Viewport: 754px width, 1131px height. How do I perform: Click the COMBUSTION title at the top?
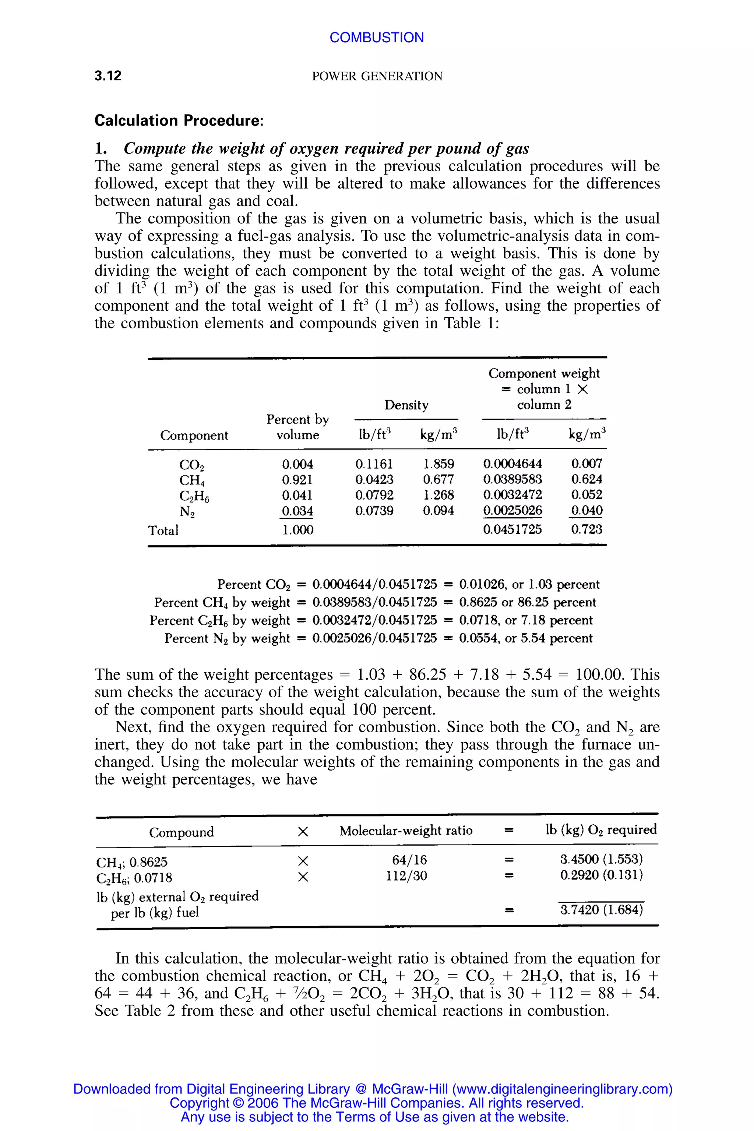tap(377, 38)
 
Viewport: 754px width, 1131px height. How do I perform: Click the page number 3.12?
tap(108, 75)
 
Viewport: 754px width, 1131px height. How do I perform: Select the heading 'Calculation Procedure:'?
tap(179, 120)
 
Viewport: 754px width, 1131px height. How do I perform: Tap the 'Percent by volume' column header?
tap(297, 427)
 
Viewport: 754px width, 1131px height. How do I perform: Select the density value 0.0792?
tap(374, 495)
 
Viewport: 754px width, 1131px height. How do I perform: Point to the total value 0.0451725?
tap(512, 529)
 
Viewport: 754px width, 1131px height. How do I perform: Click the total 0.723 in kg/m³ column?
tap(586, 529)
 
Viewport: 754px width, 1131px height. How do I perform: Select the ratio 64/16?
tap(406, 859)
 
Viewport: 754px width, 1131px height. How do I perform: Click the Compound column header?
tap(181, 832)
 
